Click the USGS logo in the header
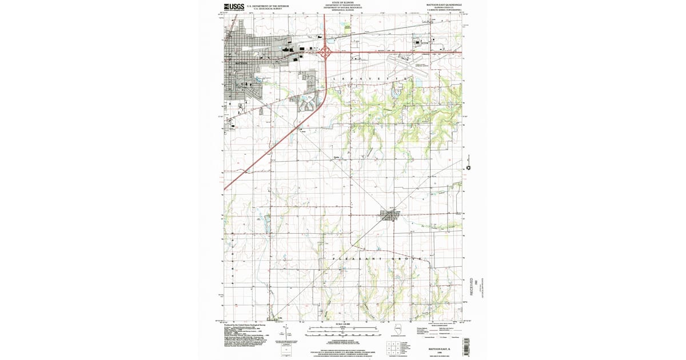[233, 7]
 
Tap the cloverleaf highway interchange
[326, 53]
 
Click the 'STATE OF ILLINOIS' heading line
[342, 2]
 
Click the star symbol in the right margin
[469, 168]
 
